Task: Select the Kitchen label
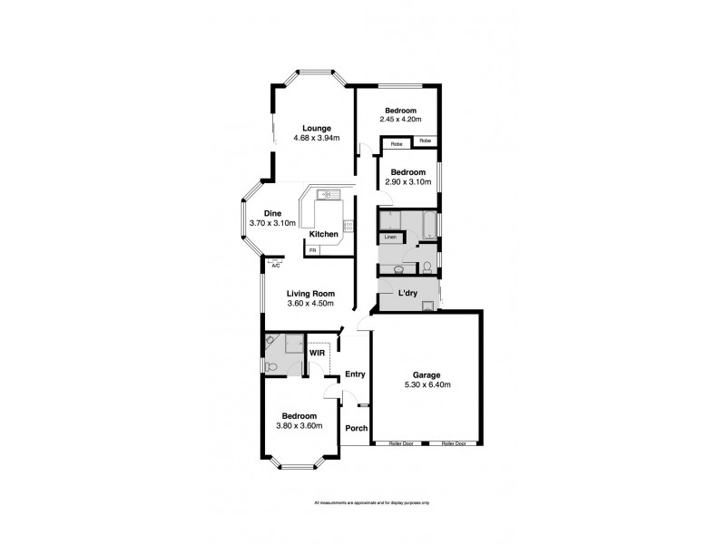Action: pyautogui.click(x=324, y=235)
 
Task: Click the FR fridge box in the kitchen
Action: pyautogui.click(x=313, y=249)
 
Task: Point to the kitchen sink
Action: pyautogui.click(x=327, y=194)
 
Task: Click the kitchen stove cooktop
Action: pyautogui.click(x=348, y=226)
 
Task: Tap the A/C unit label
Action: pyautogui.click(x=275, y=265)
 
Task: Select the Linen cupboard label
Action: pyautogui.click(x=390, y=238)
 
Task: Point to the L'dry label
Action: pyautogui.click(x=407, y=293)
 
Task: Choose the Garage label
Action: pyautogui.click(x=427, y=374)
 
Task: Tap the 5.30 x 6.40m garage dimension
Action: pyautogui.click(x=427, y=385)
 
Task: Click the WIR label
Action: pyautogui.click(x=318, y=353)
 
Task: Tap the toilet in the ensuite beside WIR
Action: pyautogui.click(x=271, y=366)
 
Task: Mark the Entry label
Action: pyautogui.click(x=354, y=374)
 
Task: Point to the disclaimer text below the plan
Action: pyautogui.click(x=371, y=501)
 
